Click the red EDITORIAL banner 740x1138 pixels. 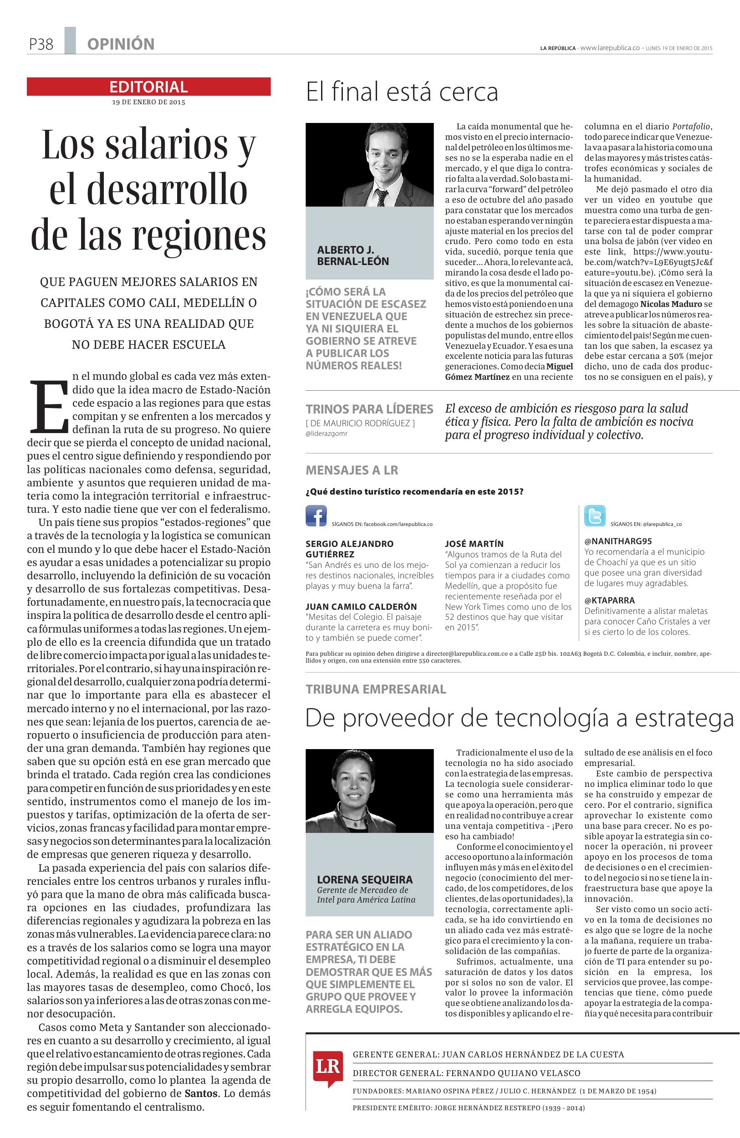(x=148, y=87)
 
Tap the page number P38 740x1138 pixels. (x=41, y=45)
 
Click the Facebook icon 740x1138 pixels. (x=316, y=516)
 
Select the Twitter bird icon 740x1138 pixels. (x=594, y=516)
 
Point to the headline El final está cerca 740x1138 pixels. (x=402, y=92)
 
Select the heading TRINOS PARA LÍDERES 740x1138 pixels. (x=369, y=409)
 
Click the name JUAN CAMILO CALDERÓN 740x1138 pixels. (x=361, y=606)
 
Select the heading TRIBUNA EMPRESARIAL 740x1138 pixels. (x=376, y=689)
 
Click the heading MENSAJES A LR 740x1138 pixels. (x=352, y=470)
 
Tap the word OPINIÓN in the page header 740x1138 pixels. (x=121, y=45)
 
